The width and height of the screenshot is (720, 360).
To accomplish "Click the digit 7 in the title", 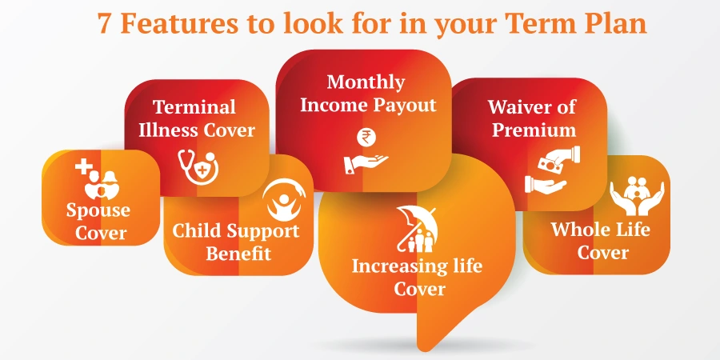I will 105,23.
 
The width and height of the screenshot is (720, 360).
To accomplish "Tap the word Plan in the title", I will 615,23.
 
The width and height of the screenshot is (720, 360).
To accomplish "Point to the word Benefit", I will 238,254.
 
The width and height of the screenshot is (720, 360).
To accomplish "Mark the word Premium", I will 533,130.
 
